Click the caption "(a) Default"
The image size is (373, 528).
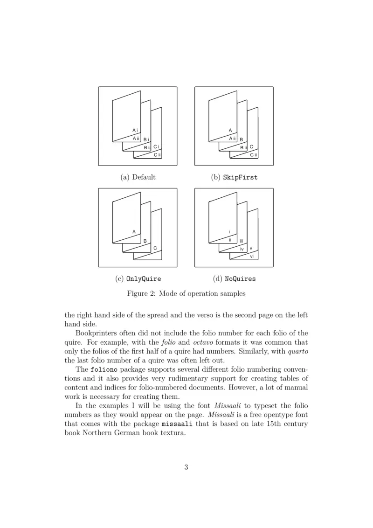coord(138,177)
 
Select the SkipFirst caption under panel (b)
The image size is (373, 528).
coord(234,177)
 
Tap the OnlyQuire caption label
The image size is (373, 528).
coord(138,279)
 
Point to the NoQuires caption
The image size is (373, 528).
coord(234,279)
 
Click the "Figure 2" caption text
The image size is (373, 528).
coord(186,294)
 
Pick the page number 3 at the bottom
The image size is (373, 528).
coord(186,467)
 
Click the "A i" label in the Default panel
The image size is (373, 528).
coord(135,131)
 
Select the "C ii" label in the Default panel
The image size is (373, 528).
coord(157,155)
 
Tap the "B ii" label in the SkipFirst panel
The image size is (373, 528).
coord(243,147)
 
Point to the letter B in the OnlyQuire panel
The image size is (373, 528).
coord(145,241)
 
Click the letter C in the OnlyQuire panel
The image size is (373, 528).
coord(155,249)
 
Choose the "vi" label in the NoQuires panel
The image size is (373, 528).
coord(252,257)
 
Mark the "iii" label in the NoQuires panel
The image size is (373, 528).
coord(242,241)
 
